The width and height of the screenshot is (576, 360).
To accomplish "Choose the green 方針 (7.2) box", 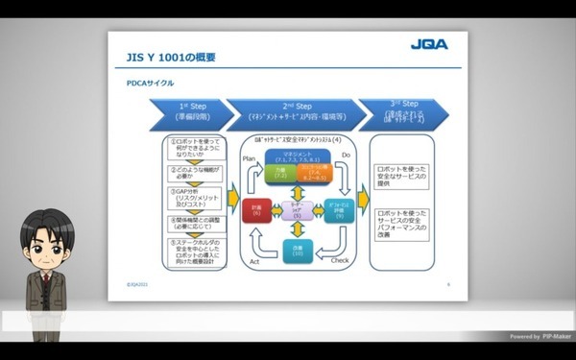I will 280,173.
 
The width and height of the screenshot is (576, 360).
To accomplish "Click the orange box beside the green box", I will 320,173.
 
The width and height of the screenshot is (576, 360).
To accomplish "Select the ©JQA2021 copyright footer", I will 141,284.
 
